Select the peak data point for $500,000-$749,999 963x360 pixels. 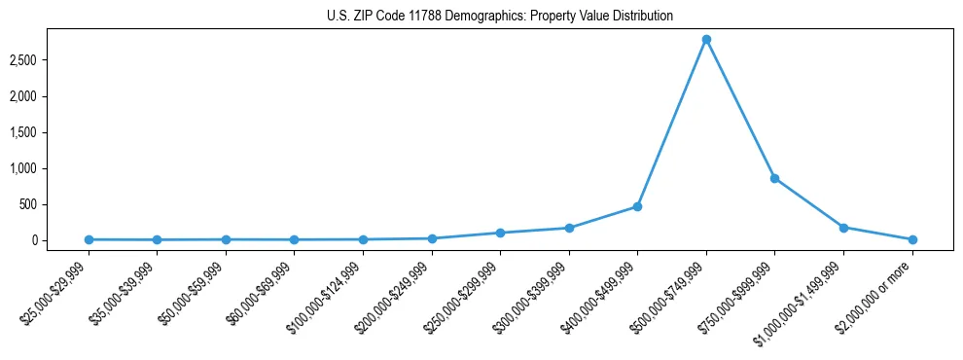click(x=706, y=39)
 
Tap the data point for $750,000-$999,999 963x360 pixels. click(x=774, y=178)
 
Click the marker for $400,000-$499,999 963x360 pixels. click(x=637, y=206)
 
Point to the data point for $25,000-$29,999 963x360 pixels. click(x=89, y=239)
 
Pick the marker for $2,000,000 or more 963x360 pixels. click(x=911, y=239)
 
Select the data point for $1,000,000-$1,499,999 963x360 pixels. click(x=843, y=228)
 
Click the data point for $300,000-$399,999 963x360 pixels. click(x=569, y=228)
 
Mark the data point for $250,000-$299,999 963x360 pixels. click(x=500, y=233)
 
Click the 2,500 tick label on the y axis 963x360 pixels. click(x=51, y=60)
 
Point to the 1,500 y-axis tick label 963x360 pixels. click(x=51, y=132)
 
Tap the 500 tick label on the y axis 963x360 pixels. click(x=55, y=204)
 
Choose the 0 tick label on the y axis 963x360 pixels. click(x=61, y=240)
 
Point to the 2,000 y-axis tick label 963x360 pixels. click(x=51, y=96)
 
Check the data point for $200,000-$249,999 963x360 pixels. click(x=432, y=238)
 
